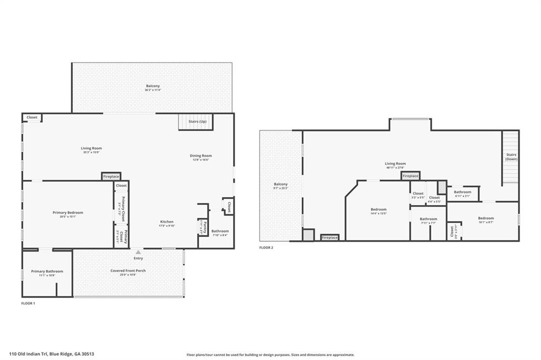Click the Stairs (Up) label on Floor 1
click(198, 122)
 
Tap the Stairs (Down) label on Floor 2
click(511, 157)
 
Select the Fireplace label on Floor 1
click(111, 176)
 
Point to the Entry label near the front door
click(138, 258)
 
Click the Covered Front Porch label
click(128, 271)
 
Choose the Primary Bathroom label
click(43, 271)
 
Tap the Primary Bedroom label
click(68, 213)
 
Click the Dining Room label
click(201, 155)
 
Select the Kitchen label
click(167, 221)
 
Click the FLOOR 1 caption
click(28, 303)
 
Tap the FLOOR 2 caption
click(266, 247)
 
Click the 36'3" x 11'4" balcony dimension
click(153, 90)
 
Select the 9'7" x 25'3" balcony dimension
click(281, 188)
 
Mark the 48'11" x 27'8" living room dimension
click(395, 168)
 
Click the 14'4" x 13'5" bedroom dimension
click(379, 214)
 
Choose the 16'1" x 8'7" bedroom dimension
click(486, 223)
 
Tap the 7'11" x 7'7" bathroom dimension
click(428, 223)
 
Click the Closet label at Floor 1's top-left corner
click(32, 117)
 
